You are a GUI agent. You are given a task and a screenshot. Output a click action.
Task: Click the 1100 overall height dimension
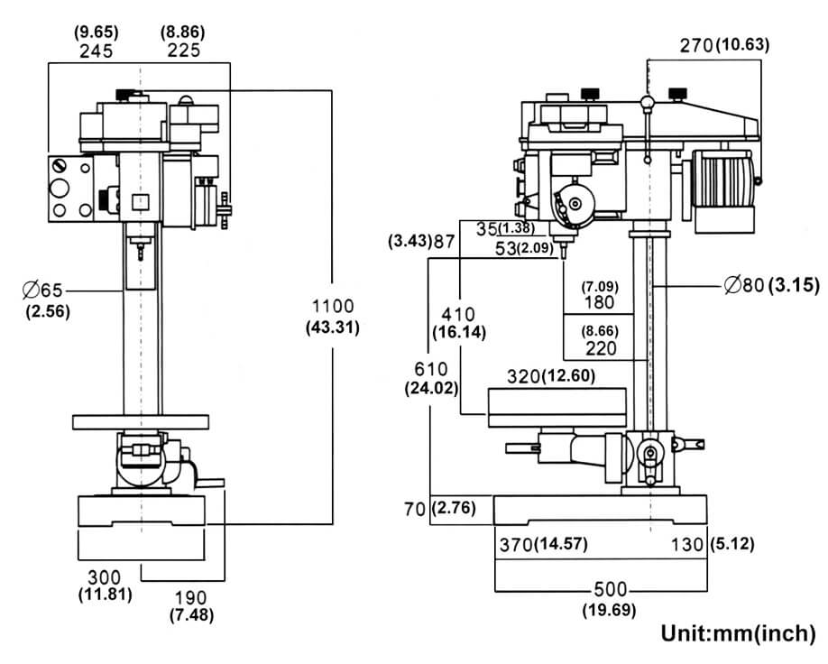coord(332,307)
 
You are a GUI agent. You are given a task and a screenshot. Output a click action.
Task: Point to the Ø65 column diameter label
coord(44,290)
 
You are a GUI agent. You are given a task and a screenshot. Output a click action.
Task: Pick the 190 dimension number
coord(191,597)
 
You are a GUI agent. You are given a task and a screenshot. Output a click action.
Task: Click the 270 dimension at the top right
coord(695,45)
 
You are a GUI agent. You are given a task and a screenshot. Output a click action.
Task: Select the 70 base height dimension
coord(415,510)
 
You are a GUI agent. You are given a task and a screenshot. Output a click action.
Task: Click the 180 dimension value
coord(599,302)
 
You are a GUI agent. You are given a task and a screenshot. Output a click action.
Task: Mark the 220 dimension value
coord(599,346)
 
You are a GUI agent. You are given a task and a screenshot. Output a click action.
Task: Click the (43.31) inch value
coord(332,327)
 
